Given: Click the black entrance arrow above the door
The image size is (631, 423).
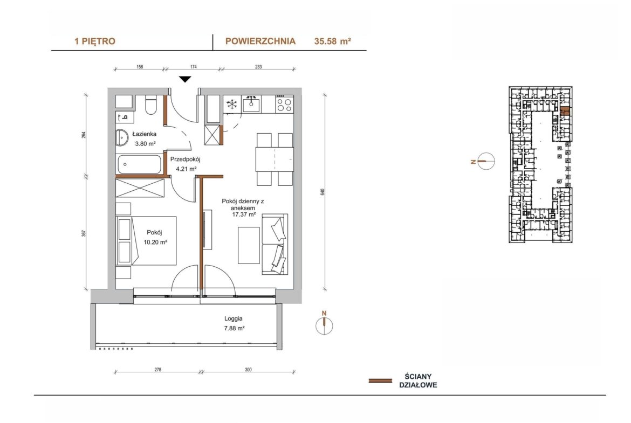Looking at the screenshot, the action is click(185, 79).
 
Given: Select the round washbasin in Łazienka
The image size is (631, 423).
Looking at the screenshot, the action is click(121, 137).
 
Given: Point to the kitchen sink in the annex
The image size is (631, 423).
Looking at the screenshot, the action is click(251, 105).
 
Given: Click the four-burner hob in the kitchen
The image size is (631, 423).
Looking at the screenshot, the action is click(284, 105).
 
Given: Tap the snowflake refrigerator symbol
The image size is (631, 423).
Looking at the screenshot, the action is click(232, 105).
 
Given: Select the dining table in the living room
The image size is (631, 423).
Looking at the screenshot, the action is click(275, 159).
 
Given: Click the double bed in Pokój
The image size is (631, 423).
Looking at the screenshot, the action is click(147, 240).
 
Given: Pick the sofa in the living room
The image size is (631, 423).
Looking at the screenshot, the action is click(275, 244).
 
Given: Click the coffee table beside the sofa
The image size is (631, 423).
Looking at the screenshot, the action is click(249, 245).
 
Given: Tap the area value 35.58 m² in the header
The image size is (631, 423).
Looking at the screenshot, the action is click(332, 41).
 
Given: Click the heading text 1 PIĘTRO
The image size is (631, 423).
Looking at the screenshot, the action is click(95, 41).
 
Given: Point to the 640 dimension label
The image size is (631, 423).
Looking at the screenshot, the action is click(323, 192).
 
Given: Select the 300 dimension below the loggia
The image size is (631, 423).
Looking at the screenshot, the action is click(248, 370).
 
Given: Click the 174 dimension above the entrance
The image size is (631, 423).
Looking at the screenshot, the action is click(193, 67).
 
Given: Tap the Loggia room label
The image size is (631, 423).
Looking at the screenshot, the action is click(234, 318).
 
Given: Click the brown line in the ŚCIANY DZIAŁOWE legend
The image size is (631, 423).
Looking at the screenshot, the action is click(380, 380).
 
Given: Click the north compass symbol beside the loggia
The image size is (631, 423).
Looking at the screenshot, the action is click(324, 325).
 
